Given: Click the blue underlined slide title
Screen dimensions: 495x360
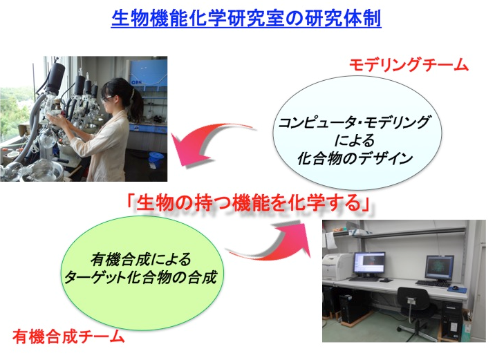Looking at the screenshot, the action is (x=246, y=19).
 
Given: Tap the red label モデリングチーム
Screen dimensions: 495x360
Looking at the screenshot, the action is (x=409, y=65).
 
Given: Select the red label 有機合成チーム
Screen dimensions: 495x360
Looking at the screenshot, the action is (x=68, y=337).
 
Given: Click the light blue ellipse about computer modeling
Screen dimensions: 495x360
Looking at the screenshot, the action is (x=357, y=133).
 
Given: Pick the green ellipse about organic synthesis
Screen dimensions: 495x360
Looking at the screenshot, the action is (x=142, y=273).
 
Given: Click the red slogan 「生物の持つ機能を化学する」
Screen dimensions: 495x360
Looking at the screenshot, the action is (x=248, y=202).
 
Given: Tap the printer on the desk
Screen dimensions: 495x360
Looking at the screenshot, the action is (x=337, y=267).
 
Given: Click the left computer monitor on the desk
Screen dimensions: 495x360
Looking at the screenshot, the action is (x=369, y=263).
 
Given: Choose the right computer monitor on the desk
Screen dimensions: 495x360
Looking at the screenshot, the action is (x=440, y=268).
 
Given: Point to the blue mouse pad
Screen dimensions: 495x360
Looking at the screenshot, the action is (x=457, y=289).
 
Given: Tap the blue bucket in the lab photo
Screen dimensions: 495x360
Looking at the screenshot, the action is (x=155, y=157).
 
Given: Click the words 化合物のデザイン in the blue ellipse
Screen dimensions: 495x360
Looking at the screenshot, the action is (x=355, y=158).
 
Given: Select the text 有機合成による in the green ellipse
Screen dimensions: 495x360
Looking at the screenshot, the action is (x=141, y=260).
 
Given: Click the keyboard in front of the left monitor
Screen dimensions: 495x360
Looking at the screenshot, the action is (x=364, y=279).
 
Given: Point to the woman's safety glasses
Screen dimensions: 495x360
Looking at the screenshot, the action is (x=106, y=98).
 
